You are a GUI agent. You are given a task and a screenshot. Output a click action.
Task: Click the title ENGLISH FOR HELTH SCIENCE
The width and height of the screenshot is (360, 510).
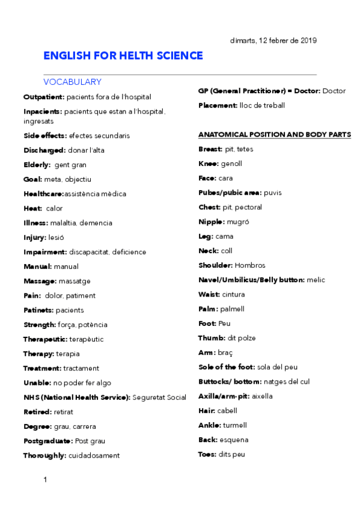tap(123, 56)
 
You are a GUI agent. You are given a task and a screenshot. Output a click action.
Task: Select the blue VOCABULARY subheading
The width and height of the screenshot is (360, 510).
tap(72, 82)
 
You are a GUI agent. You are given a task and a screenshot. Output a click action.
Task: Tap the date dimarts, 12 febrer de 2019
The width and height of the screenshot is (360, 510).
tap(273, 40)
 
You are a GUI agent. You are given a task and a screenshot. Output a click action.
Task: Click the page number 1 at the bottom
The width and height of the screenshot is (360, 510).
tap(45, 479)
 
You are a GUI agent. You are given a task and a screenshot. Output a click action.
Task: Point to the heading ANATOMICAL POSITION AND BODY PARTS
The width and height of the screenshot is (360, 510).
tap(274, 135)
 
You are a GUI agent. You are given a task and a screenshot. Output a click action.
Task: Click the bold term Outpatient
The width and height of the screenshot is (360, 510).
tap(43, 97)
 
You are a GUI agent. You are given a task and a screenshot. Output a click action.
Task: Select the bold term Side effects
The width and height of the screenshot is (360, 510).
tap(44, 136)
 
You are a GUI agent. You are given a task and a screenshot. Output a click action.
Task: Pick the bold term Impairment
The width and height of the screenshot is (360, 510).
tap(44, 252)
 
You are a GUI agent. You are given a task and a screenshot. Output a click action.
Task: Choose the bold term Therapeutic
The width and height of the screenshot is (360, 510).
tap(46, 339)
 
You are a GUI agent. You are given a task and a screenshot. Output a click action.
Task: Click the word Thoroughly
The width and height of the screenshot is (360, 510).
tap(44, 455)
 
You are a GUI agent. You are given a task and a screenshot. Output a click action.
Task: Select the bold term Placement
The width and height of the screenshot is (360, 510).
tap(217, 106)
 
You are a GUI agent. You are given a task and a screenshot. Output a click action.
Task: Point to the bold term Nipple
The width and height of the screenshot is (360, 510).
tap(211, 222)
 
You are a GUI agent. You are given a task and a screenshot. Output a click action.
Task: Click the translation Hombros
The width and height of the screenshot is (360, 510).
tap(250, 265)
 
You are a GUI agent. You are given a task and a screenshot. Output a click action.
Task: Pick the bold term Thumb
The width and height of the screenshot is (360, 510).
tap(211, 338)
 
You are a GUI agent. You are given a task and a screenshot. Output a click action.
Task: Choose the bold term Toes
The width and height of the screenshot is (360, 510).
tap(207, 454)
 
